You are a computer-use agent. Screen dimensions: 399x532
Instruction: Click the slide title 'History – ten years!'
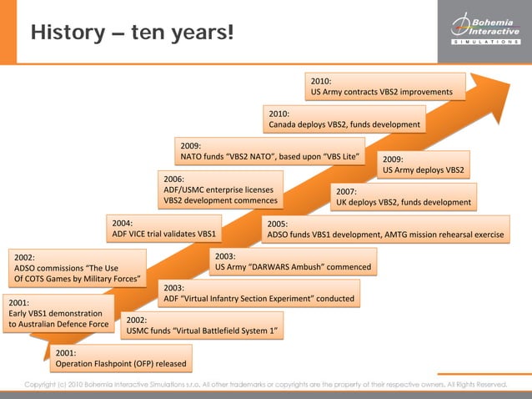point(132,33)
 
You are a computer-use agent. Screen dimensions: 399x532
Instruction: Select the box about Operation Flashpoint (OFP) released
point(120,358)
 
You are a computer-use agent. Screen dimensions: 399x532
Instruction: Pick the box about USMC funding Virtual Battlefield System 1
point(202,326)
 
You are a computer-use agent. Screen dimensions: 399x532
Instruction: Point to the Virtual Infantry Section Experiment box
point(259,293)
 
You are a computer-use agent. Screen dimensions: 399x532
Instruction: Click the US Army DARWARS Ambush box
point(292,261)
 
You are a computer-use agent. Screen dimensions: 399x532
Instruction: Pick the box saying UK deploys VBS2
point(404,197)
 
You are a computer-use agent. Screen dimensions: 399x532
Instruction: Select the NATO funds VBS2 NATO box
point(270,151)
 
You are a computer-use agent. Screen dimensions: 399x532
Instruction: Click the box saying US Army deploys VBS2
point(424,164)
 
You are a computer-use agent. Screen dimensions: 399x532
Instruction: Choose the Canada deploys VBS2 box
point(344,119)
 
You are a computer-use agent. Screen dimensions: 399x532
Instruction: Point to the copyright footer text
point(265,385)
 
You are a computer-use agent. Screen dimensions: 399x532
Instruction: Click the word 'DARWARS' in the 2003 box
point(275,267)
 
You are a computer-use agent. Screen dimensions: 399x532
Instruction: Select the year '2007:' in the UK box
point(347,191)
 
